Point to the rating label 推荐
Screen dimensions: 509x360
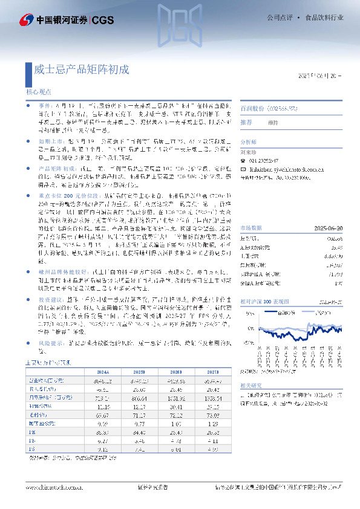(x=246, y=122)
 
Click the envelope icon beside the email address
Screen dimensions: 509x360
(x=243, y=163)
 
